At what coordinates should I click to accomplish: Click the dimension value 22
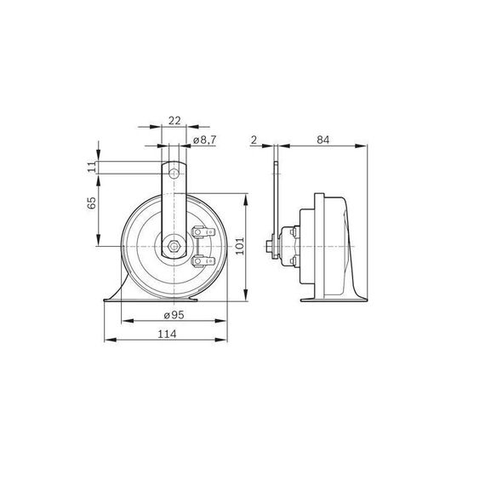174,120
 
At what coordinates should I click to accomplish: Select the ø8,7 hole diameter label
204,140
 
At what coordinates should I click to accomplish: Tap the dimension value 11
92,168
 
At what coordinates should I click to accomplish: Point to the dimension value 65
92,203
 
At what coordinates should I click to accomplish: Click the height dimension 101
240,246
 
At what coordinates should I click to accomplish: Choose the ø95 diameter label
174,315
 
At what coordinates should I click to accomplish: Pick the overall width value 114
168,334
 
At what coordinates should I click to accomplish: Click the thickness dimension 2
254,140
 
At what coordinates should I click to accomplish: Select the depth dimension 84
323,140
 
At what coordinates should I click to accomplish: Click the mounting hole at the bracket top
174,174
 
